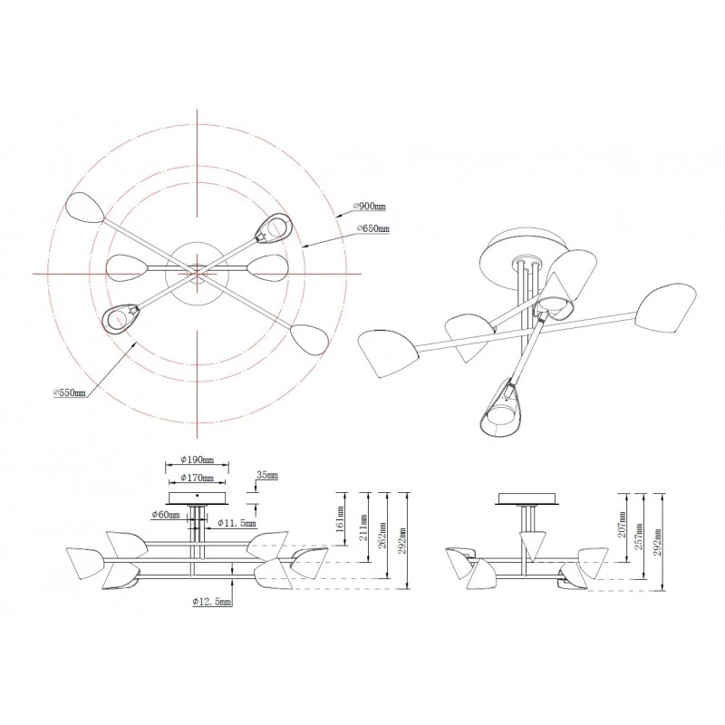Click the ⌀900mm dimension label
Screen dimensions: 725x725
369,207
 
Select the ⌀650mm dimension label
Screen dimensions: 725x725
373,228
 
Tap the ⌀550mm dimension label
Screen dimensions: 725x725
70,393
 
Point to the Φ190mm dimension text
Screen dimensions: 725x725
198,459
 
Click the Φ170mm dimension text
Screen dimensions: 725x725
198,478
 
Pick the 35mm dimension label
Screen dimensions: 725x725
267,475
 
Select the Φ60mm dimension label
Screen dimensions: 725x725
166,515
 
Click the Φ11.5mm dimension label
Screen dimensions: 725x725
237,524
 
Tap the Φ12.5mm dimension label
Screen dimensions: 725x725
212,602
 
